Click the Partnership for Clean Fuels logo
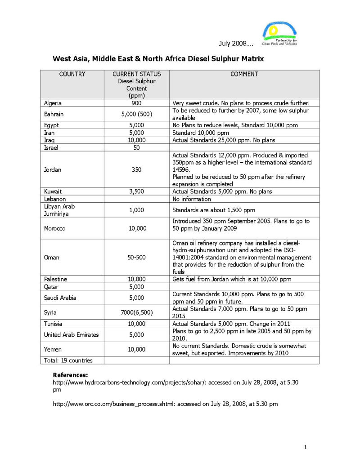279,34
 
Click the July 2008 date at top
236,43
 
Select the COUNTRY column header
72,74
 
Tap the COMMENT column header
244,74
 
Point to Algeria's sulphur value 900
136,103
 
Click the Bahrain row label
54,114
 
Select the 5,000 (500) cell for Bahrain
136,114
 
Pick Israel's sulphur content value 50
136,147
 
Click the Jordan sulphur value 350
136,169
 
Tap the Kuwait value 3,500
136,191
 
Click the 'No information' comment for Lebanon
192,199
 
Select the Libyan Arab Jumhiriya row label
59,210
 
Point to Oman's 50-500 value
136,258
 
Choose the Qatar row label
51,287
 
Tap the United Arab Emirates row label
71,335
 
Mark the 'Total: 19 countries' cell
68,361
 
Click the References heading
70,375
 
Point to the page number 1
305,447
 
